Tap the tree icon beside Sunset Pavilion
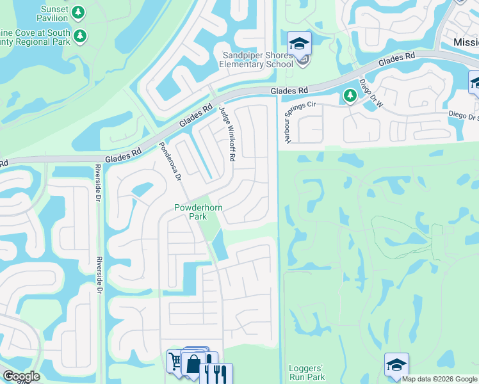coord(78,12)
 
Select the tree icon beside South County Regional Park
coord(80,35)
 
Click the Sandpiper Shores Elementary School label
coord(256,60)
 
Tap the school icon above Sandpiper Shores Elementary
coord(298,44)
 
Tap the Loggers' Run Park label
coord(307,372)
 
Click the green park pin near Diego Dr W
coord(350,96)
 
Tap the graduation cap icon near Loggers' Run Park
coord(396,365)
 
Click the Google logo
coord(20,376)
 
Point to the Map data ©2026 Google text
coord(439,379)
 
